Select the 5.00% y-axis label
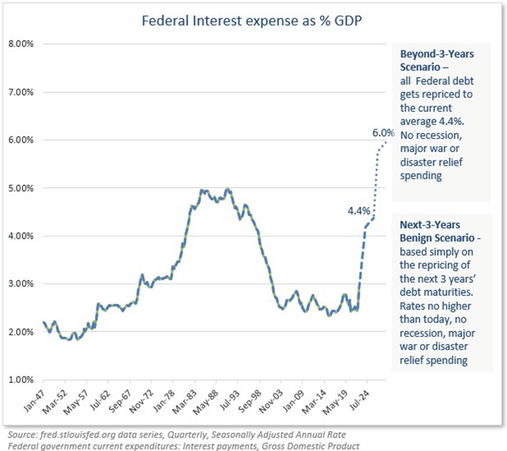tap(19, 188)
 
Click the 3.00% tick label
tap(19, 284)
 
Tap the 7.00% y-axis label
tap(19, 92)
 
